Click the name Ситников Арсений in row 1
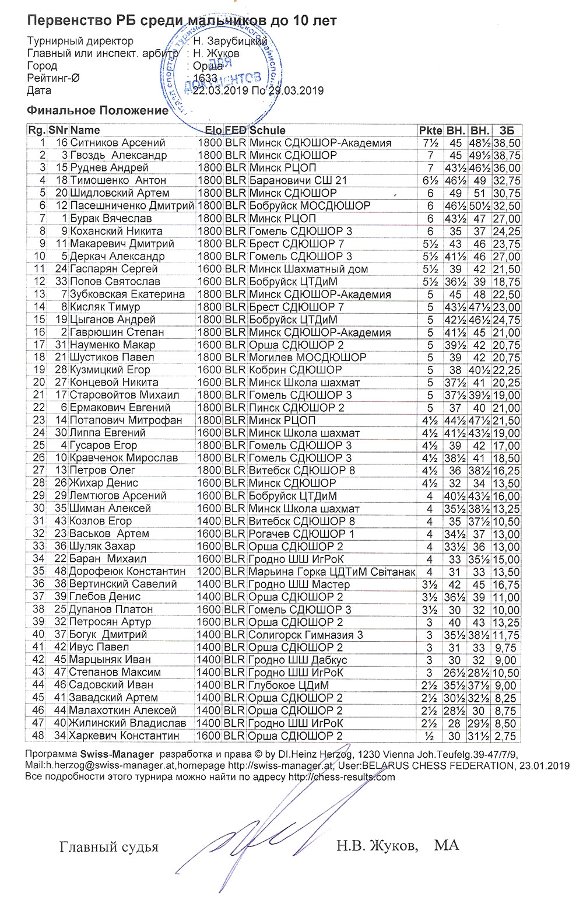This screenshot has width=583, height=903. (x=117, y=143)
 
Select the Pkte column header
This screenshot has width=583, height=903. (x=430, y=130)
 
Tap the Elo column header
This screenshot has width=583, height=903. (x=213, y=130)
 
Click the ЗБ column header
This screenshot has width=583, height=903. (x=507, y=130)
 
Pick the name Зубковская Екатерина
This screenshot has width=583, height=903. (x=127, y=295)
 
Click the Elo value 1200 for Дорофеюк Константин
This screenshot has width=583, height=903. (x=209, y=572)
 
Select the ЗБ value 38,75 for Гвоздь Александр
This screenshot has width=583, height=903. (x=507, y=156)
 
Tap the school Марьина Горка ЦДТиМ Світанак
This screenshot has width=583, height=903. (x=332, y=572)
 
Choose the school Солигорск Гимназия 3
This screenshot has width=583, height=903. (x=305, y=635)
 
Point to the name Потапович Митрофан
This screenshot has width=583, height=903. (x=125, y=421)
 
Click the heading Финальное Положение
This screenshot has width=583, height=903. (x=97, y=111)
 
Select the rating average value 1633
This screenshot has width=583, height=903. (x=205, y=78)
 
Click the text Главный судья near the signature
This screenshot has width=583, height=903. (x=108, y=847)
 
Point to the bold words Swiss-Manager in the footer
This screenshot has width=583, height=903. (x=117, y=754)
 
